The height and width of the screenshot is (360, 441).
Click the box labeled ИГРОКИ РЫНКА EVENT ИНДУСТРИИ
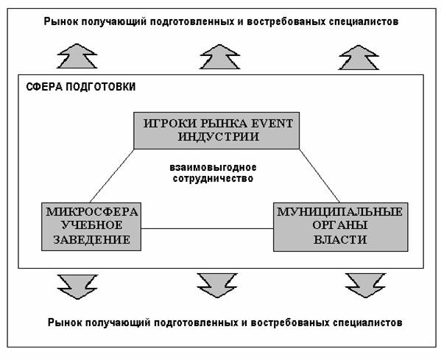(216, 130)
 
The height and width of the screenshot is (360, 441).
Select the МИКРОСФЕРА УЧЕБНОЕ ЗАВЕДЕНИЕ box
(91, 227)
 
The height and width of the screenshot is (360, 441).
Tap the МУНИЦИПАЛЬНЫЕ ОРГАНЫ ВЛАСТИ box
(341, 227)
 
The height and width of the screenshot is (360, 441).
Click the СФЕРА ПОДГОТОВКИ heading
(81, 87)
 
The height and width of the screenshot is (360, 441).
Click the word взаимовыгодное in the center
(213, 167)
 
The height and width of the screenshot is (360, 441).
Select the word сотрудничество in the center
(213, 179)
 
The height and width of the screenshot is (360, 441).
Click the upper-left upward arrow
(77, 56)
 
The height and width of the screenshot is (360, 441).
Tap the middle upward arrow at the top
(219, 57)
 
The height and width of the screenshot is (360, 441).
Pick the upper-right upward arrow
(359, 57)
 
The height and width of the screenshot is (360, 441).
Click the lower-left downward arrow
(77, 287)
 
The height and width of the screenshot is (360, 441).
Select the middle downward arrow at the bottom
(217, 286)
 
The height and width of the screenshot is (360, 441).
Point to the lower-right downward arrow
(365, 286)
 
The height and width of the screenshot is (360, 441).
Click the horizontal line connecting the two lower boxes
(208, 228)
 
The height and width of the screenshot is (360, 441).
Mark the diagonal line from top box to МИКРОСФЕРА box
(112, 176)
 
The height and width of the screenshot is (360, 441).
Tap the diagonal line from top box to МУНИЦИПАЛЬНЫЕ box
(320, 176)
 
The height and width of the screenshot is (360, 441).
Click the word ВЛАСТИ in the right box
(340, 239)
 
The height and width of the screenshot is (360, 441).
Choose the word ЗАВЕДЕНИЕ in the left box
(92, 239)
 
